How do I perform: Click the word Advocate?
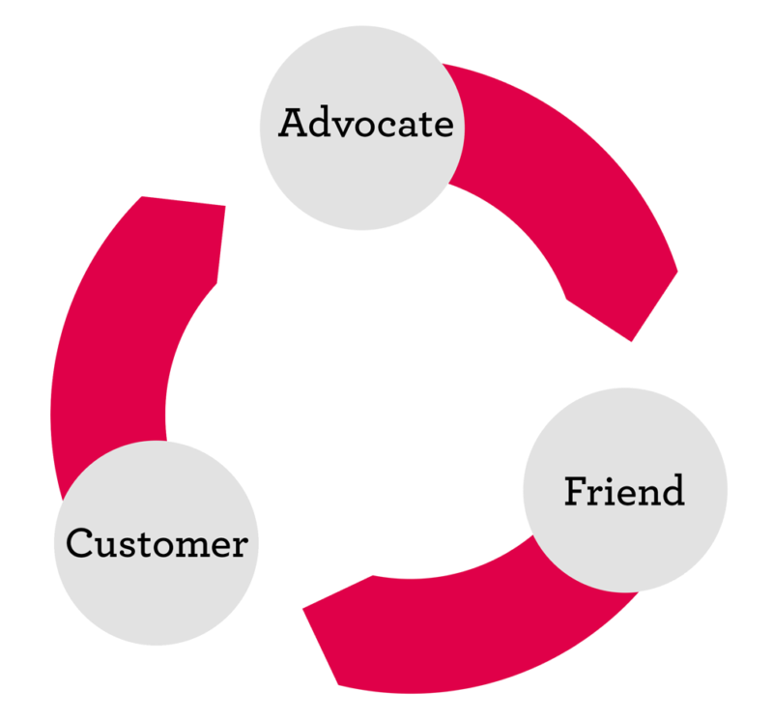coord(365,125)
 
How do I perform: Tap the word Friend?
coord(624,491)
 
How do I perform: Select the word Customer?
coord(157,543)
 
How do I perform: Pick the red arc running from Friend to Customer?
coord(464,638)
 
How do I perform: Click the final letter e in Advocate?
coord(443,127)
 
